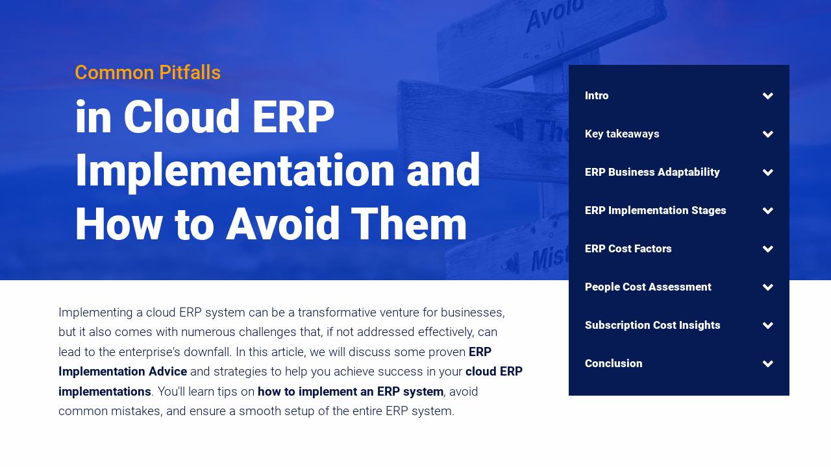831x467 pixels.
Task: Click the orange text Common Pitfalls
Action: coord(147,73)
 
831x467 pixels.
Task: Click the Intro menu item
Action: coord(597,96)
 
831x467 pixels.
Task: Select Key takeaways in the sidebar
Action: coord(622,134)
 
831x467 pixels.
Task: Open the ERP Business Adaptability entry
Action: coord(652,173)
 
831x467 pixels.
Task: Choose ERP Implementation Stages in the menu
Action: coord(655,211)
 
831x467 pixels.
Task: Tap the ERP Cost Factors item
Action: coord(628,249)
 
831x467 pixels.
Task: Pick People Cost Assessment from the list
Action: coord(648,287)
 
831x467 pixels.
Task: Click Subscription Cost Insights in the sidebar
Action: coord(652,326)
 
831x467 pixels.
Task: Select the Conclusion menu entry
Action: coord(614,364)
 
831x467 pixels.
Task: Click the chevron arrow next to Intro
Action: coord(768,96)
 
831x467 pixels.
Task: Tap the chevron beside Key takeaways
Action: coord(768,134)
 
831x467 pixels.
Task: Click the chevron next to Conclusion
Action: coord(768,364)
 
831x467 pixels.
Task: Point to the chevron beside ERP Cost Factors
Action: coord(768,249)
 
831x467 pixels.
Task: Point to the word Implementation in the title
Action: coord(234,171)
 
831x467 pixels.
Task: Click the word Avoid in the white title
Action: coord(282,224)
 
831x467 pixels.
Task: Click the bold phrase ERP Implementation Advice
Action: coord(123,372)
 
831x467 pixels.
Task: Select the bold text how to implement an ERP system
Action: coord(350,392)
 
